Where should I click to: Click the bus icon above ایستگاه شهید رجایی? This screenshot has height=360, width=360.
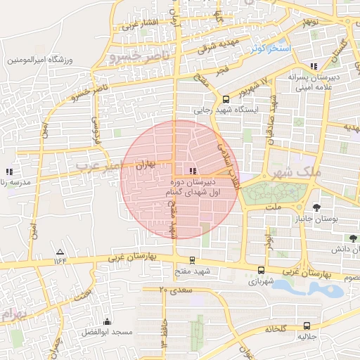click(226, 100)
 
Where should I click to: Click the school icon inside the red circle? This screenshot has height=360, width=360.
click(193, 171)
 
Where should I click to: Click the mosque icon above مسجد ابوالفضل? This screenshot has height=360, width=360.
click(107, 321)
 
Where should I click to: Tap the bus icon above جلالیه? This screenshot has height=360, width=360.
click(307, 326)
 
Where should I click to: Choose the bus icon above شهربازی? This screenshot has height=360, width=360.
click(262, 270)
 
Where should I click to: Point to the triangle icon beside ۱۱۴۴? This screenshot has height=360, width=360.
click(60, 252)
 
